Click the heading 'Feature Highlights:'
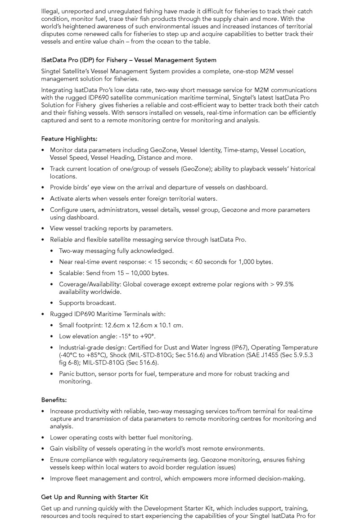(x=69, y=139)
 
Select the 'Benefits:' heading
(x=54, y=400)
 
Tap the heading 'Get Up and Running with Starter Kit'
(x=94, y=497)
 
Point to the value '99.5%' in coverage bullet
(x=284, y=284)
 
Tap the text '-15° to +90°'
(x=137, y=336)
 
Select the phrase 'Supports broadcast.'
(x=87, y=303)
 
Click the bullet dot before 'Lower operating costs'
(x=43, y=438)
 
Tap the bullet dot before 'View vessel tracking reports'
(x=43, y=229)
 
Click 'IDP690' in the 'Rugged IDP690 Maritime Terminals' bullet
(x=85, y=314)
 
